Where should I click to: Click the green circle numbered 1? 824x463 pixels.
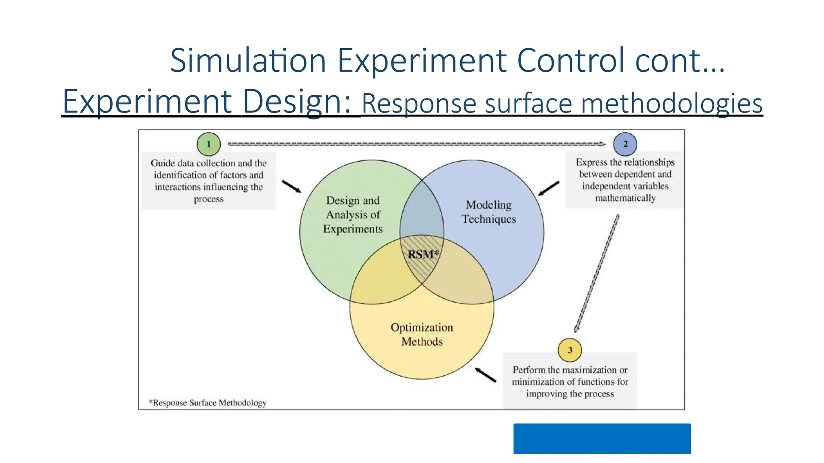pyautogui.click(x=208, y=144)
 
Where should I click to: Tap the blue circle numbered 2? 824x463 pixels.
pyautogui.click(x=625, y=144)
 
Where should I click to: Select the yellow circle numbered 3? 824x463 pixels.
pyautogui.click(x=570, y=350)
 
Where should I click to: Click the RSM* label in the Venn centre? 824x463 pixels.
pyautogui.click(x=423, y=254)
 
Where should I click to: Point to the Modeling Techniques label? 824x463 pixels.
pyautogui.click(x=489, y=212)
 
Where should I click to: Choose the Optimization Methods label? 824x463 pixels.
pyautogui.click(x=422, y=334)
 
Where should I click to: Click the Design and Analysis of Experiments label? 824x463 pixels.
pyautogui.click(x=353, y=215)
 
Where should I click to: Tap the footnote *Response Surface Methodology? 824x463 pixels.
pyautogui.click(x=208, y=403)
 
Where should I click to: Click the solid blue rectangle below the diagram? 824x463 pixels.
pyautogui.click(x=602, y=438)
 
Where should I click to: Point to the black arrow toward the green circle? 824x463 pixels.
pyautogui.click(x=291, y=186)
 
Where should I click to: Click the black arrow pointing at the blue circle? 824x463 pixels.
pyautogui.click(x=549, y=188)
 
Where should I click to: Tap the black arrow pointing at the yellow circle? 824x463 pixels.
pyautogui.click(x=486, y=375)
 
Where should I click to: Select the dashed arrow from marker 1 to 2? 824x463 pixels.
pyautogui.click(x=416, y=144)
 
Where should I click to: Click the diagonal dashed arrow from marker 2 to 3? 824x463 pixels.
pyautogui.click(x=597, y=274)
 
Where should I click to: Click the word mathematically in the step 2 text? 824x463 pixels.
pyautogui.click(x=625, y=198)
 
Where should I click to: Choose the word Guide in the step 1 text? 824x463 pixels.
pyautogui.click(x=163, y=163)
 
